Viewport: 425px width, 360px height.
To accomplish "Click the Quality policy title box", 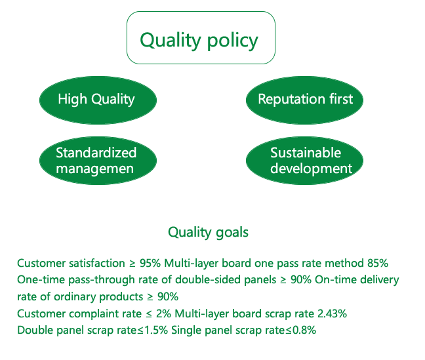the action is [201, 37].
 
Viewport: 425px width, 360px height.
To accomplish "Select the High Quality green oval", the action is [98, 100].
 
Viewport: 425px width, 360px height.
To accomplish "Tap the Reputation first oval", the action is [305, 100].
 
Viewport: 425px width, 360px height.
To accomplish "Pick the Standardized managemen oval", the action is [98, 161].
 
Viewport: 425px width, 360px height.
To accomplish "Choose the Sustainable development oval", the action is [305, 161].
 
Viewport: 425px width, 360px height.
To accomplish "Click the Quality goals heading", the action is [208, 233].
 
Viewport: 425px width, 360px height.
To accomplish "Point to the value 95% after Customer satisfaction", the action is [150, 263].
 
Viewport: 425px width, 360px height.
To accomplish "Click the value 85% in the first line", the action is [378, 263].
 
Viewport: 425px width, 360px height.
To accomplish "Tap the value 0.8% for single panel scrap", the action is [304, 330].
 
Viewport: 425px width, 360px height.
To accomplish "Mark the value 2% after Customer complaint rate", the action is [163, 313].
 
